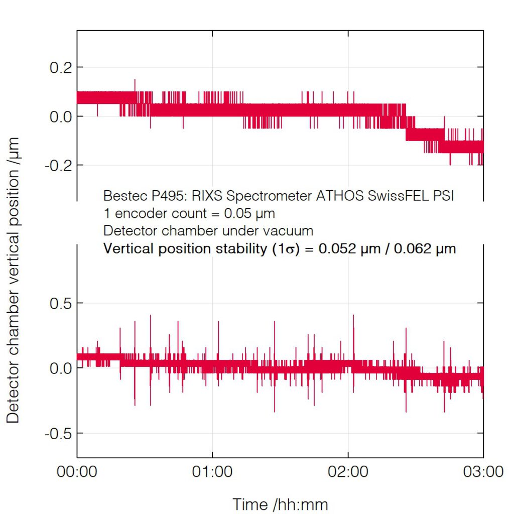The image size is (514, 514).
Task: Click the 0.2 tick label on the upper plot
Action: [59, 67]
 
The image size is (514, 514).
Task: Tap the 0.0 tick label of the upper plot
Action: [59, 116]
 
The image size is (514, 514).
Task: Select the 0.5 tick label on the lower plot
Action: [59, 303]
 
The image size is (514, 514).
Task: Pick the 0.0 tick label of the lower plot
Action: [59, 368]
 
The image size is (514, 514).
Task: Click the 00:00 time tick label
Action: [77, 472]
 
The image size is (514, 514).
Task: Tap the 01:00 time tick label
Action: [213, 472]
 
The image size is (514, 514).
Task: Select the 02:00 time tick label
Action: [348, 472]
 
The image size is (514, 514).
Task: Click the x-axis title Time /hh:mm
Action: [281, 503]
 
